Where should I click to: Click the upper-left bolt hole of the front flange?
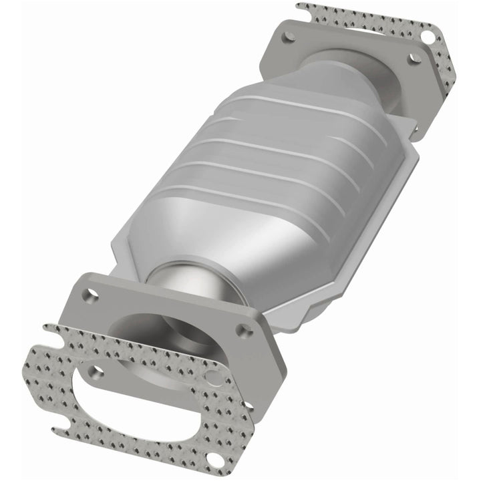tap(90, 293)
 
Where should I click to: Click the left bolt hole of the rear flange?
tap(289, 38)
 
